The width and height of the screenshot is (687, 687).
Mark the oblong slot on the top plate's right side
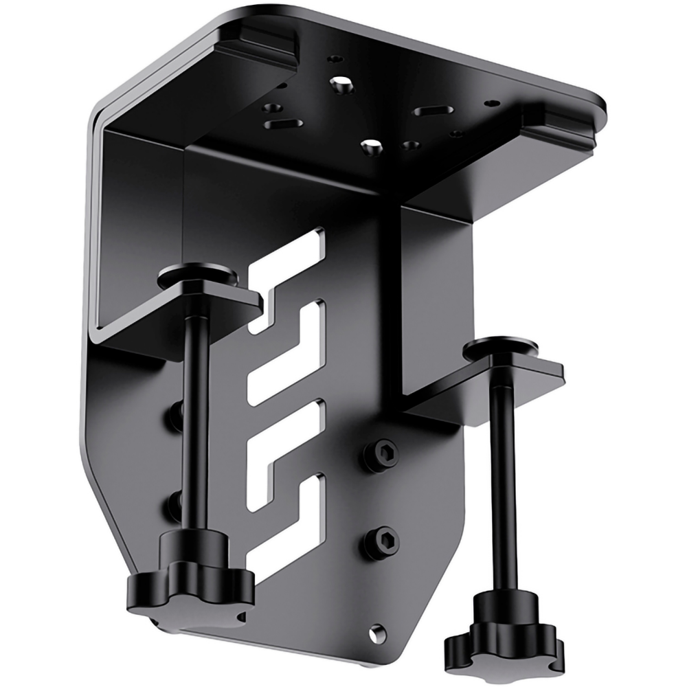[x=431, y=110]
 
